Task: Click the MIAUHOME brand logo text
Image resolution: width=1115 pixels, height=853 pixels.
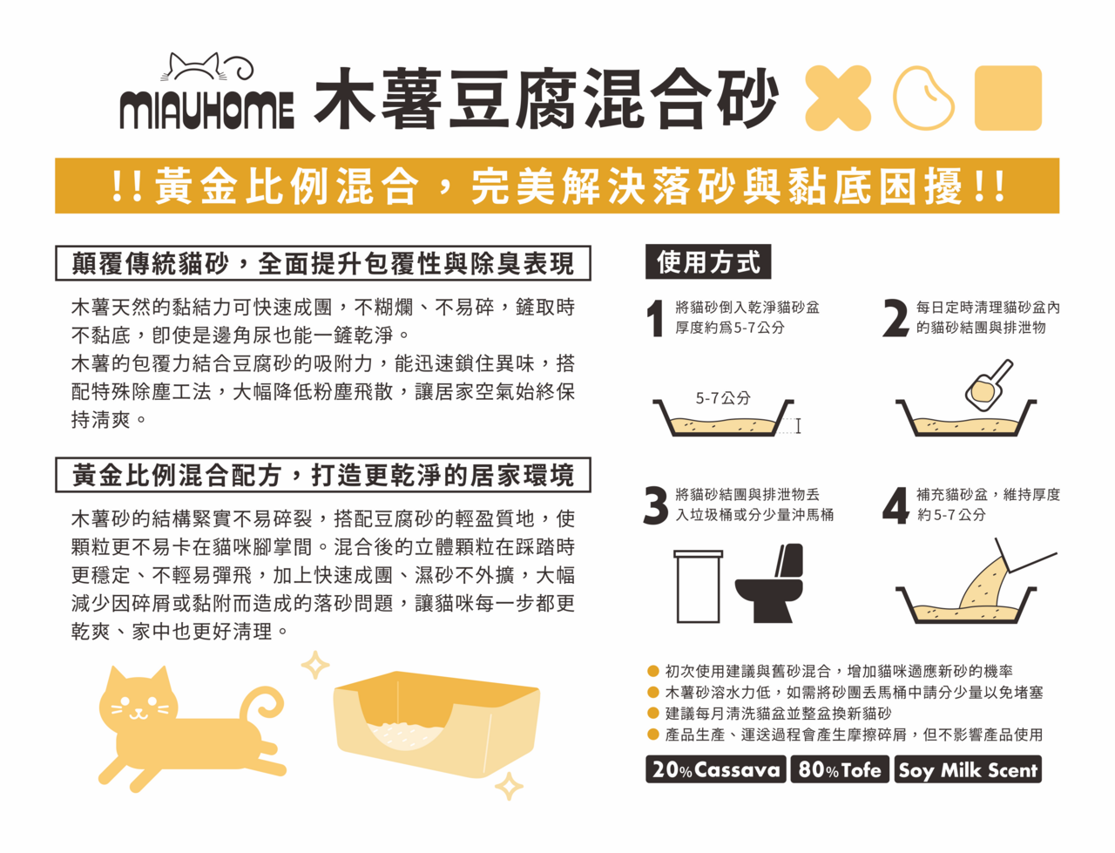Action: tap(206, 111)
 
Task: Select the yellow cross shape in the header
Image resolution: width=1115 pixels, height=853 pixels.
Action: tap(838, 98)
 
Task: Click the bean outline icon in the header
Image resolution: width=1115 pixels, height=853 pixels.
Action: tap(923, 98)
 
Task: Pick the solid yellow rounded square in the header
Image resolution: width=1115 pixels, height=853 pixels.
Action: tap(1008, 98)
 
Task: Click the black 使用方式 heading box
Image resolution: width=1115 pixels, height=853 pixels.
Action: tap(708, 261)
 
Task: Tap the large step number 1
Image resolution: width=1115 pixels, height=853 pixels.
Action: tap(656, 319)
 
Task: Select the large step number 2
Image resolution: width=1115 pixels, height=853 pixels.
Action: tap(895, 319)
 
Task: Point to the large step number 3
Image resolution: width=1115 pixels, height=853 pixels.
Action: tap(656, 505)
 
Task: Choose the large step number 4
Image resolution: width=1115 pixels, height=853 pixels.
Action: tap(895, 505)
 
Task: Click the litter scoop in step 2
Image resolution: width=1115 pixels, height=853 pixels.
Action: tap(989, 386)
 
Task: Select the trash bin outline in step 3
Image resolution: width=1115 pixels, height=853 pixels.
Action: tap(699, 586)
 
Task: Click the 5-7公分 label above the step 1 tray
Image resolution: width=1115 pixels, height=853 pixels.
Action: tap(723, 398)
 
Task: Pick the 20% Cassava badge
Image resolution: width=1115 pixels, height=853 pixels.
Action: tap(716, 769)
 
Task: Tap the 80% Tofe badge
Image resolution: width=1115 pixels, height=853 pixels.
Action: tap(840, 769)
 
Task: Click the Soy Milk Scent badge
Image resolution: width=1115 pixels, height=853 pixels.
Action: tap(968, 769)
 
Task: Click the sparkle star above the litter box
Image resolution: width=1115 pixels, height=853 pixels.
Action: tap(315, 665)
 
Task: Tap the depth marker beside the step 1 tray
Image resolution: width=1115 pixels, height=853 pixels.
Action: tap(798, 426)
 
